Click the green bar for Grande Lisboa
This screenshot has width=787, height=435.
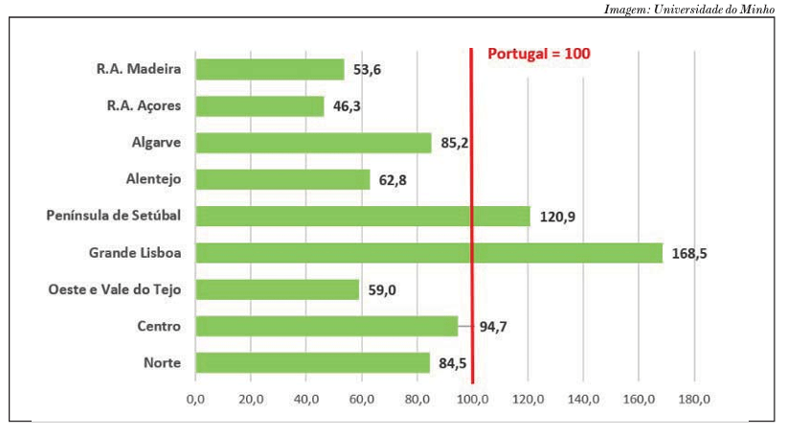(428, 253)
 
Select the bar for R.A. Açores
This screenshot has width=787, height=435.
(259, 106)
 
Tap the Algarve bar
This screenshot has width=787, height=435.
(313, 143)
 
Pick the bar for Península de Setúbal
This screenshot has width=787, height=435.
(362, 217)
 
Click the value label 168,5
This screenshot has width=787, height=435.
(689, 254)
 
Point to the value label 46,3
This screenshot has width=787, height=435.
(347, 106)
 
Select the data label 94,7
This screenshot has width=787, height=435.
(493, 327)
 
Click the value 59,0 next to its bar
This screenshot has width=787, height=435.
(383, 290)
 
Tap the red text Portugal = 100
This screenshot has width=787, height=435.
(539, 55)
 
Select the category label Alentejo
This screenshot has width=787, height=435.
(153, 179)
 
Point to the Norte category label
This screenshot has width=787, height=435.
(162, 363)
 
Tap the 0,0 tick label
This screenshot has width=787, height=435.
(195, 399)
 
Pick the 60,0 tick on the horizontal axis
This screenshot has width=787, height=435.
(361, 399)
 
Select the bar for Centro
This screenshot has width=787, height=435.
(326, 327)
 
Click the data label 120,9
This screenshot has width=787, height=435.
(557, 217)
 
